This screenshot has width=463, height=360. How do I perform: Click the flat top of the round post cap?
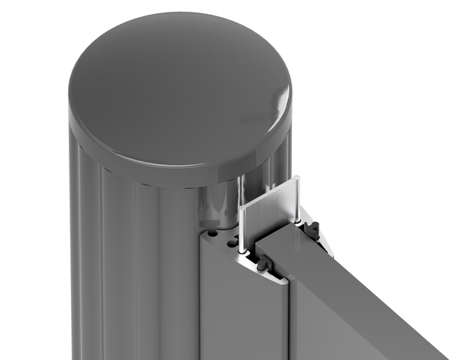177,85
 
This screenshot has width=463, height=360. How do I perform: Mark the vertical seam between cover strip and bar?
289,324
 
